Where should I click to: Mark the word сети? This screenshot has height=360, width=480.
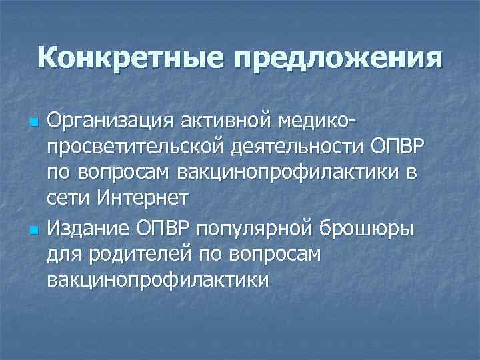[69, 198]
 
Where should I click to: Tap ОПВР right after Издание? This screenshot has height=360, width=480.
[165, 229]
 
